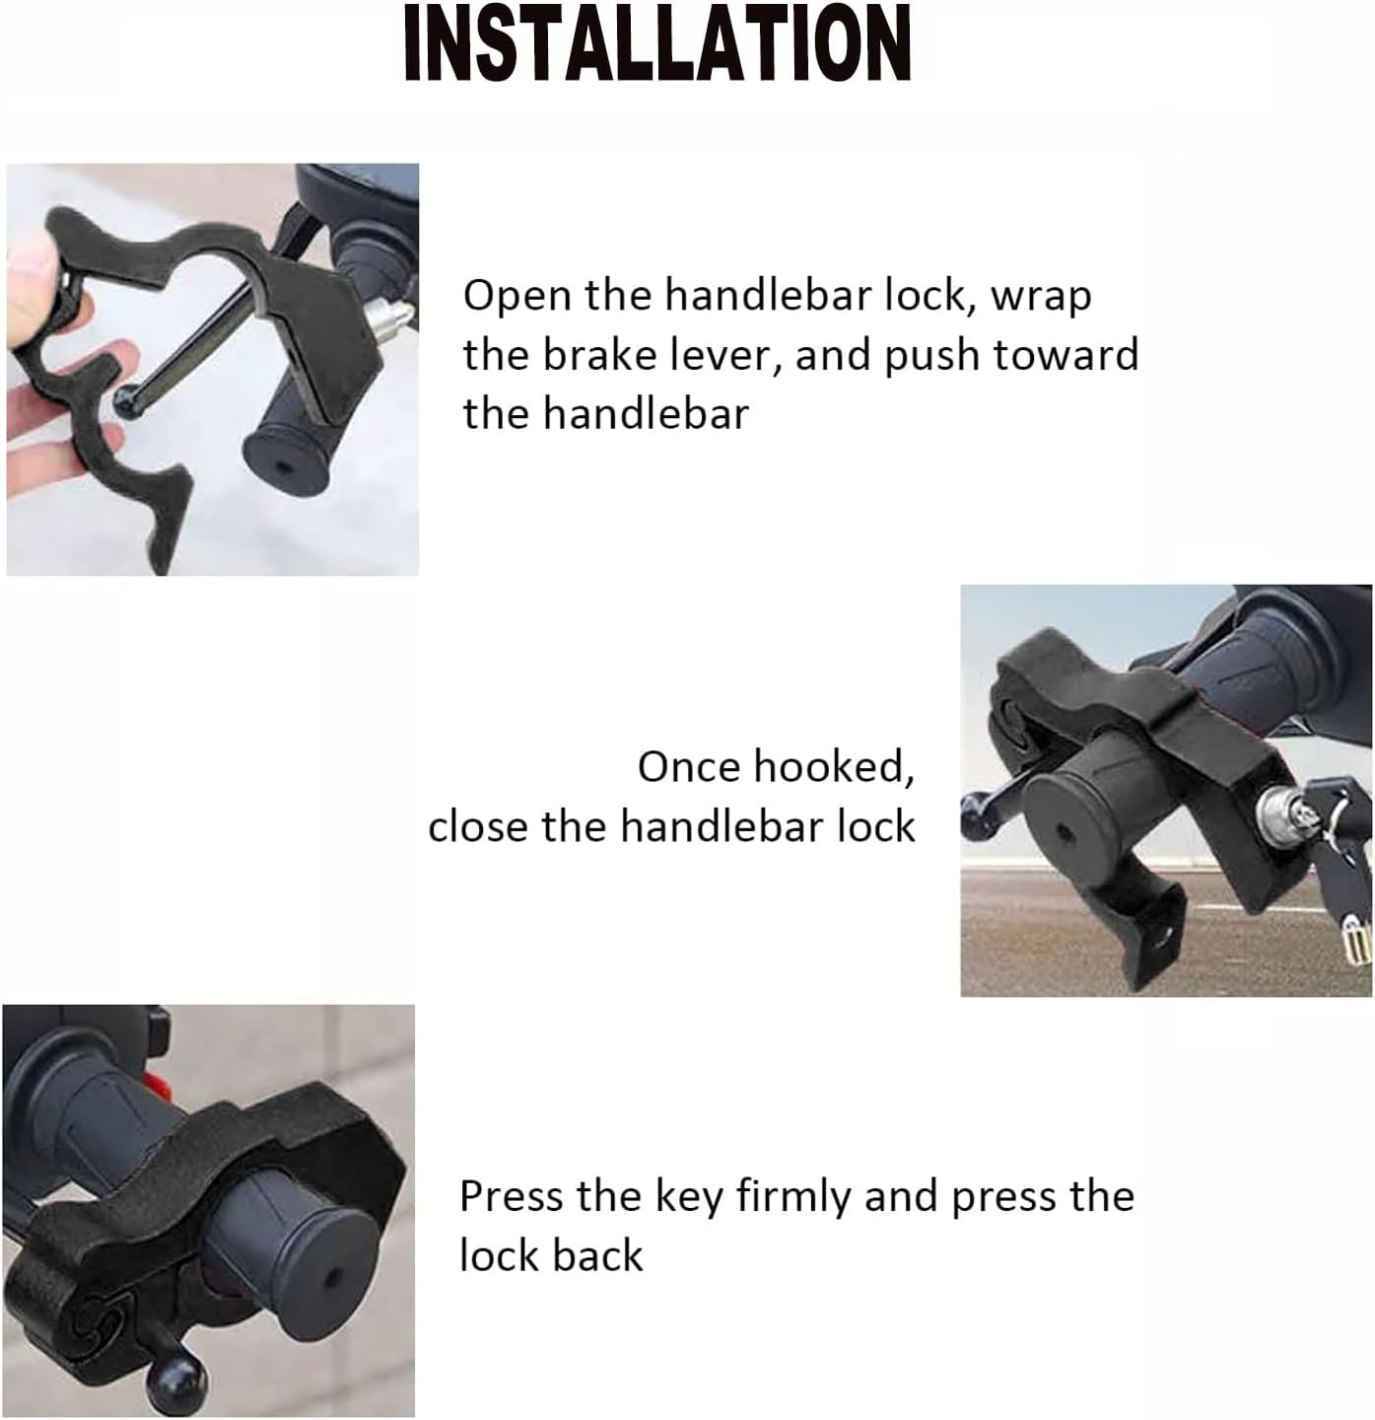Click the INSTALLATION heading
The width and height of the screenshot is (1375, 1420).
[657, 44]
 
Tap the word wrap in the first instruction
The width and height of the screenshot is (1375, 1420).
[1041, 296]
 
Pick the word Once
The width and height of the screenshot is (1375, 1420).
[686, 767]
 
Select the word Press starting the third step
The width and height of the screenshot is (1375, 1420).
[510, 1196]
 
